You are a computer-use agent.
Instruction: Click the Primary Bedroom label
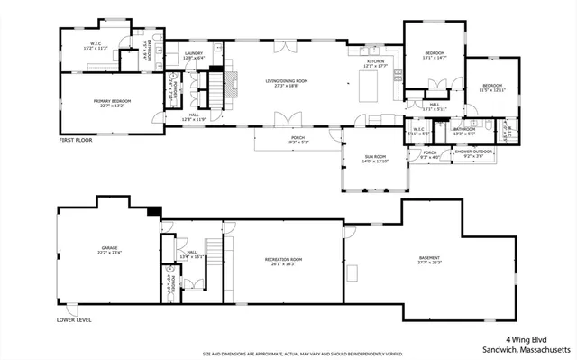click(x=113, y=102)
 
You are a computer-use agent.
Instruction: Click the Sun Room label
click(x=375, y=159)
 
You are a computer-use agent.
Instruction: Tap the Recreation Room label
click(x=283, y=262)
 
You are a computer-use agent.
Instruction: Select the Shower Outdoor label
click(x=473, y=153)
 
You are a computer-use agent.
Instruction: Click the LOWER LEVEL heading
click(x=75, y=319)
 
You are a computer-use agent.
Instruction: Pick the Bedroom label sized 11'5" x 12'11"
click(x=492, y=88)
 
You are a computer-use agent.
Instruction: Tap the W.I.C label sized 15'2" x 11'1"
click(x=96, y=45)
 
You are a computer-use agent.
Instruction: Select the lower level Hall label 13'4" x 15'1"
click(x=192, y=254)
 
